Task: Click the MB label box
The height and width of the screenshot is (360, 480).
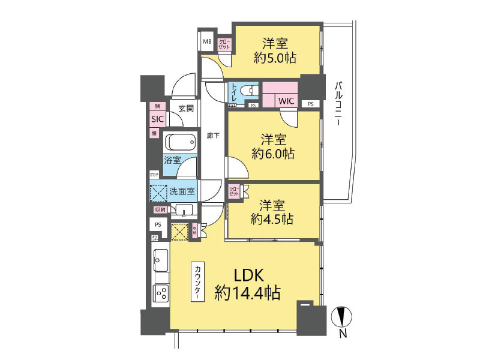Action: click(207, 41)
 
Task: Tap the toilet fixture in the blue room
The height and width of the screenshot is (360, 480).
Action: click(248, 91)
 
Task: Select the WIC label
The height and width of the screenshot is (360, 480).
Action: click(285, 101)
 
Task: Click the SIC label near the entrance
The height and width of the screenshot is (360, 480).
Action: click(158, 119)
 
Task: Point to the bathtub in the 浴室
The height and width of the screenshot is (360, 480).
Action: click(181, 142)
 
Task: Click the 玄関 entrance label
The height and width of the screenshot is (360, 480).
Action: click(186, 109)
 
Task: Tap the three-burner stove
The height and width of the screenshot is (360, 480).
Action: click(161, 294)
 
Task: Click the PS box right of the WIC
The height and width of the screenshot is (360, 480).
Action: click(310, 104)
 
